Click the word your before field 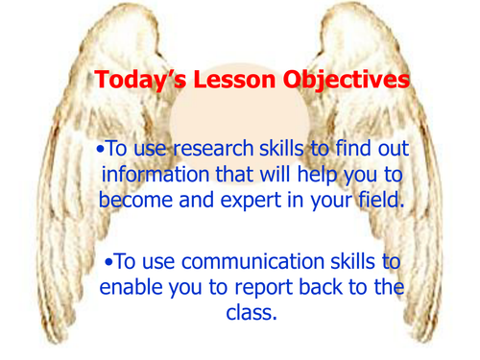(328, 203)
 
